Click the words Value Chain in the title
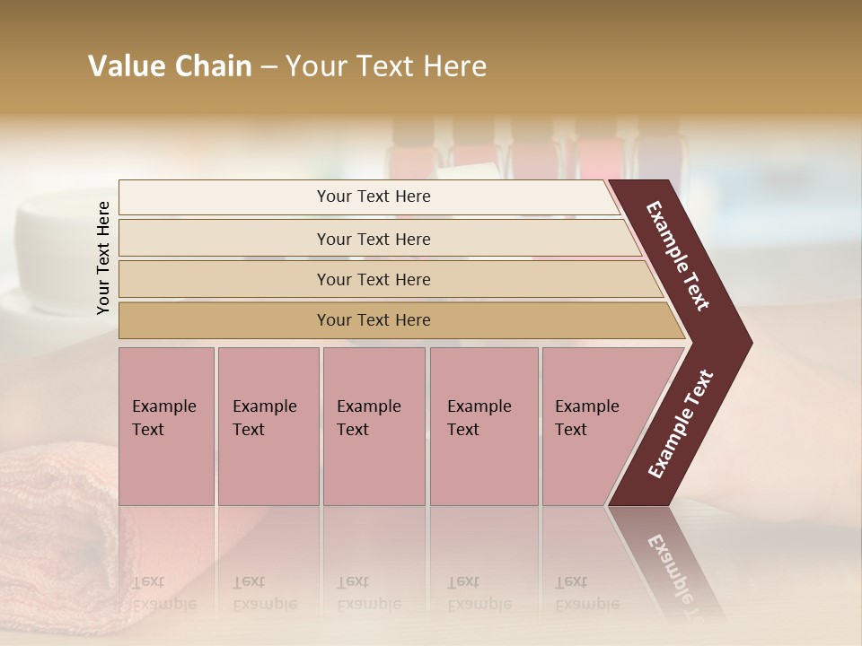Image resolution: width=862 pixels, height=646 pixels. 170,66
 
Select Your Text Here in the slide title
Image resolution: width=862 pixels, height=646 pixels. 386,66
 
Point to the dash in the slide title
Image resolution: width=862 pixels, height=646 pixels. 268,67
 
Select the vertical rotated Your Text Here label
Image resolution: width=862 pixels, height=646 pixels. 103,258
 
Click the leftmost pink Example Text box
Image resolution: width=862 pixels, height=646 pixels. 166,426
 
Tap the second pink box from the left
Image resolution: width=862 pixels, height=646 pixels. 268,426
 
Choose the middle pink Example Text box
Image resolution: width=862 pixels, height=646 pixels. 374,426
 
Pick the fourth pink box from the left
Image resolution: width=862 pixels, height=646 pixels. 484,426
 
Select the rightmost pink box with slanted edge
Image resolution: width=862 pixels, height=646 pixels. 593,426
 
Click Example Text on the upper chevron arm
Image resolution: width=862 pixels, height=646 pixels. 678,256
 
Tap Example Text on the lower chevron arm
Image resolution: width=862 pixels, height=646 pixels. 681,423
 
